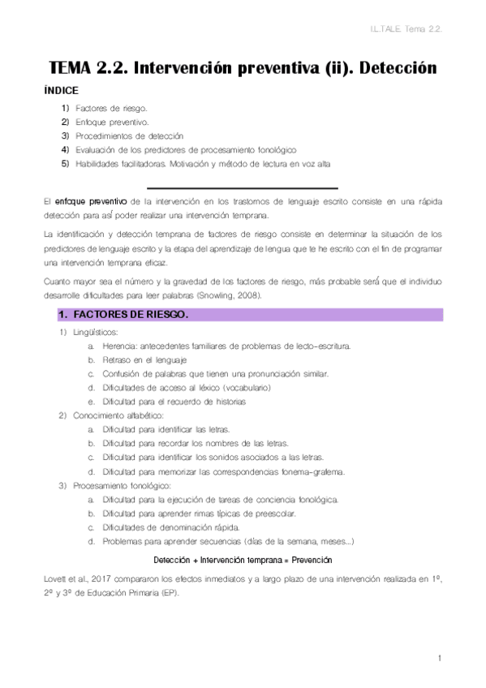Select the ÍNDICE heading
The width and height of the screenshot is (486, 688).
coord(62,91)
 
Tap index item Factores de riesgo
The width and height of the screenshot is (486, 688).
coord(111,107)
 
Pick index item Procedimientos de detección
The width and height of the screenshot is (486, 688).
coord(129,135)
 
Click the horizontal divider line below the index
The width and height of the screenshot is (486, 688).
coord(243,187)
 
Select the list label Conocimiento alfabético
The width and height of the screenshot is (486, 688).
coord(117,415)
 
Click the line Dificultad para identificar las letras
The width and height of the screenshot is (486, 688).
coord(166,429)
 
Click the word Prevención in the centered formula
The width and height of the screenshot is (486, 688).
coord(310,560)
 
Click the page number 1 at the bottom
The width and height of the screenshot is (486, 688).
coord(438,657)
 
